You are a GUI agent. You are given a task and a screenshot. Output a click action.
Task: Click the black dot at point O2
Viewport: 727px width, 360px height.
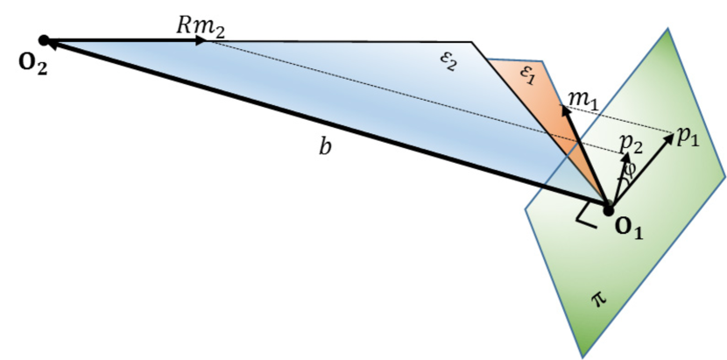click(x=44, y=40)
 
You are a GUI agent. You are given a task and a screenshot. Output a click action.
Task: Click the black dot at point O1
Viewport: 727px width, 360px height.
click(x=607, y=208)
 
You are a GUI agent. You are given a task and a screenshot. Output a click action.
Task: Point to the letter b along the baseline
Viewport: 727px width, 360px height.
click(x=325, y=147)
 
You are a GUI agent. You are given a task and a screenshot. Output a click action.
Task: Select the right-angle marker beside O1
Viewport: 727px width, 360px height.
click(x=585, y=216)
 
